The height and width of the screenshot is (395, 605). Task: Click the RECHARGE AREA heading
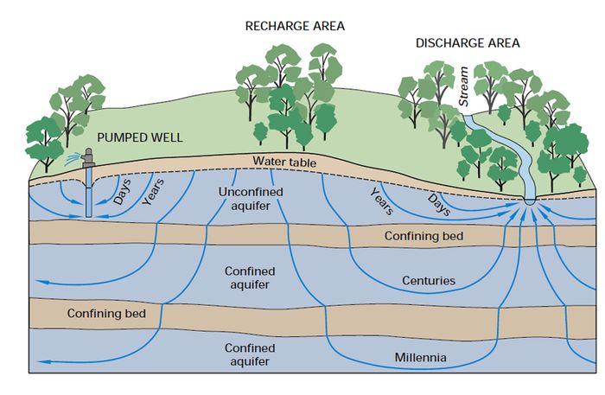pos(295,25)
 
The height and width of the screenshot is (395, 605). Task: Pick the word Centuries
pos(430,281)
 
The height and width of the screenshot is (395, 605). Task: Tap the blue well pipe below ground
pos(91,194)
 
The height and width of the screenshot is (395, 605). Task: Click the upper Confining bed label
pos(424,235)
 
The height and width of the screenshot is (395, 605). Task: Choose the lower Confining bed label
pos(105,313)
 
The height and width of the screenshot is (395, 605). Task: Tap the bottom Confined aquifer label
pos(250,354)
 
